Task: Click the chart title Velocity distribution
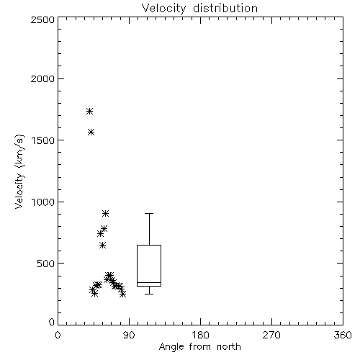pyautogui.click(x=199, y=9)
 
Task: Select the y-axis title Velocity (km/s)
pyautogui.click(x=19, y=171)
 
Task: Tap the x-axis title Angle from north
pyautogui.click(x=199, y=347)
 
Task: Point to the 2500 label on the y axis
pyautogui.click(x=42, y=19)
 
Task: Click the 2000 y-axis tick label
pyautogui.click(x=42, y=78)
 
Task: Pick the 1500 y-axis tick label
pyautogui.click(x=43, y=140)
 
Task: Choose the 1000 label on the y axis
pyautogui.click(x=43, y=202)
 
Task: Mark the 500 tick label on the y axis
pyautogui.click(x=45, y=264)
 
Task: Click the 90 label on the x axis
pyautogui.click(x=129, y=335)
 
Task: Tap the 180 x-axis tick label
pyautogui.click(x=200, y=335)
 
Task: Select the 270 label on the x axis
pyautogui.click(x=271, y=335)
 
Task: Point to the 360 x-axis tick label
pyautogui.click(x=343, y=335)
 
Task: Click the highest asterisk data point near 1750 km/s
pyautogui.click(x=89, y=112)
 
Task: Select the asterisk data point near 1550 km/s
pyautogui.click(x=91, y=132)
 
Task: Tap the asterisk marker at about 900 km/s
pyautogui.click(x=105, y=213)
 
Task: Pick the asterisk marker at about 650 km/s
pyautogui.click(x=102, y=246)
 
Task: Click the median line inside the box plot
pyautogui.click(x=149, y=283)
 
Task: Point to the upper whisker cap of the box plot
pyautogui.click(x=149, y=213)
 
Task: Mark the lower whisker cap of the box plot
pyautogui.click(x=149, y=294)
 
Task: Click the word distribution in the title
pyautogui.click(x=225, y=9)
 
